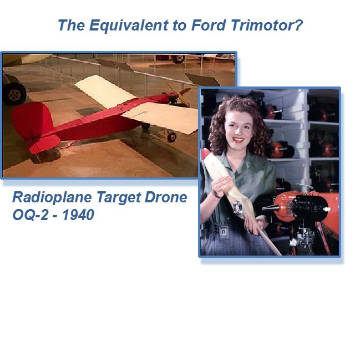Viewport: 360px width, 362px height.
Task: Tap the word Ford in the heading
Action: tap(209, 25)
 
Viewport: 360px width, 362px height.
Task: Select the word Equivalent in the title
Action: tap(129, 26)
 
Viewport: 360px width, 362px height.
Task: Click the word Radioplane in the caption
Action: tap(52, 197)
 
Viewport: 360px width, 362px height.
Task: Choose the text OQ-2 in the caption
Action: tap(31, 215)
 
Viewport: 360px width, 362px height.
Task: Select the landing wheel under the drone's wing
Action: tap(172, 137)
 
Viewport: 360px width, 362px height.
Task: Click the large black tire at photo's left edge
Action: tap(14, 93)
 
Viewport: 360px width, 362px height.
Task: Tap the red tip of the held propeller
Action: tap(205, 154)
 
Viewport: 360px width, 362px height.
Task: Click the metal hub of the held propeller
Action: tap(238, 207)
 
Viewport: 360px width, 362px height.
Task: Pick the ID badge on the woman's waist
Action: tap(224, 232)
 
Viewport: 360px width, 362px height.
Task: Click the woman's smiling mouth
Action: tap(238, 140)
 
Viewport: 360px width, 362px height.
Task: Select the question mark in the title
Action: tap(299, 25)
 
